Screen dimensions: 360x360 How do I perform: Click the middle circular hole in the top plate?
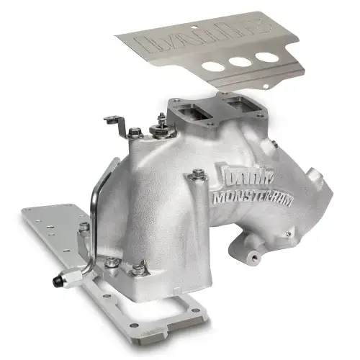[240, 61]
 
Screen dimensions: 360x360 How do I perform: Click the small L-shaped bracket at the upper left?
[114, 122]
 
